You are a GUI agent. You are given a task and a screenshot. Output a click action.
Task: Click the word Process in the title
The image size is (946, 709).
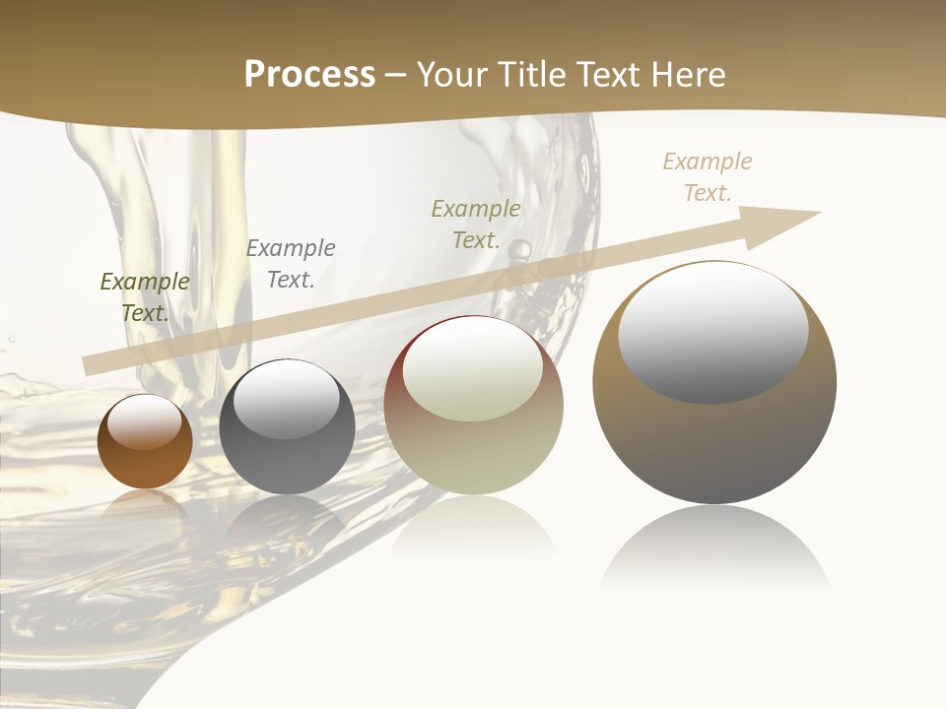[309, 75]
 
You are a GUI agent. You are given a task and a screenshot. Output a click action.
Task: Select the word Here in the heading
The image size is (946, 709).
[688, 75]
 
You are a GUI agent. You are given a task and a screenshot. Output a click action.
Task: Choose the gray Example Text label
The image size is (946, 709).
[291, 264]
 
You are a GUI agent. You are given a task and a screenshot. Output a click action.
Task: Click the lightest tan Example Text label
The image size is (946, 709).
[708, 177]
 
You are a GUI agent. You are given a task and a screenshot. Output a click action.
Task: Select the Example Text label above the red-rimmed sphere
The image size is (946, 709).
[476, 225]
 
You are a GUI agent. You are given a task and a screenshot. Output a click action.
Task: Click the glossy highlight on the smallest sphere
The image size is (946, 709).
[145, 421]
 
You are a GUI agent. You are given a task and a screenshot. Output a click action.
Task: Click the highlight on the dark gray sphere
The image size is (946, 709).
[287, 399]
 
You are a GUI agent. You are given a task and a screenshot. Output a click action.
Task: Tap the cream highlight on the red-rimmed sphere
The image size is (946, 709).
[473, 369]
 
